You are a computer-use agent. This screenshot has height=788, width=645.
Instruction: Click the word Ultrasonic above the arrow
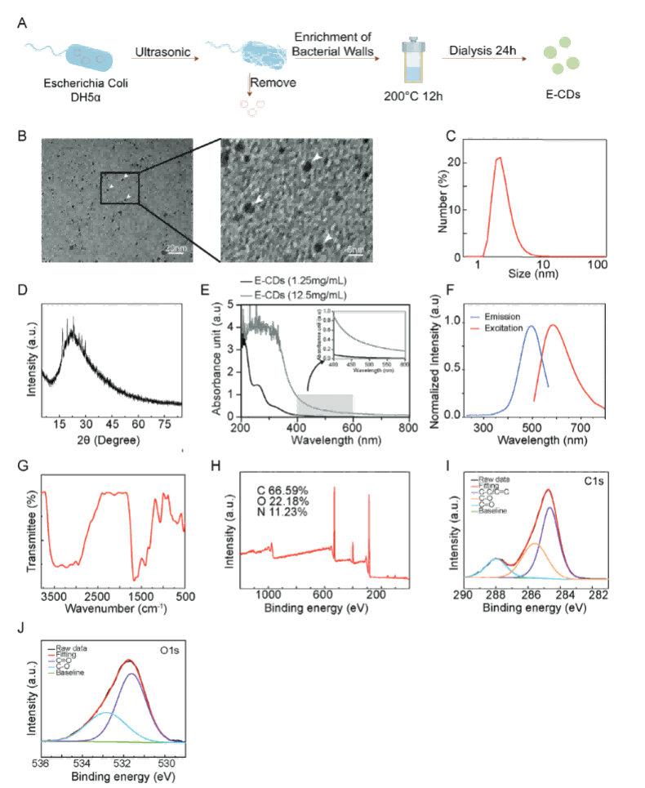[x=162, y=54]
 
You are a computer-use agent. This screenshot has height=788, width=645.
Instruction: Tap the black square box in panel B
[x=120, y=188]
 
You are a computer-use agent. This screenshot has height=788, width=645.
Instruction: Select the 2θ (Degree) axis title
[x=112, y=439]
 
